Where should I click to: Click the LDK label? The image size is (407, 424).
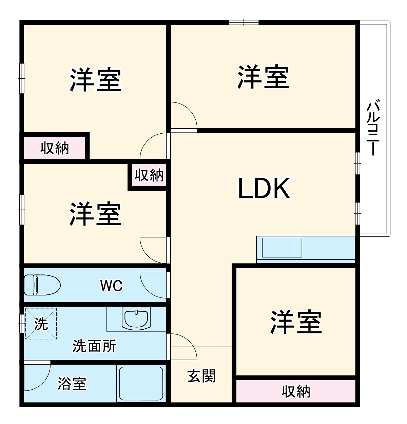[x=264, y=188]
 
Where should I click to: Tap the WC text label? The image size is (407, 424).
[x=111, y=286]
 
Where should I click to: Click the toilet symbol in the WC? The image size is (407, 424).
[x=42, y=285]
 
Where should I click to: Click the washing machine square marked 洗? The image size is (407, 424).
[x=41, y=324]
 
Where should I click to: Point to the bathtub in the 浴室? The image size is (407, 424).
[x=140, y=383]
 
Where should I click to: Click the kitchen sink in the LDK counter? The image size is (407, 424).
[x=282, y=248]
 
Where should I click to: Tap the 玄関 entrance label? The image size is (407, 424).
[x=201, y=376]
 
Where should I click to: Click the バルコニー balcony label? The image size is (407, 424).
[x=373, y=127]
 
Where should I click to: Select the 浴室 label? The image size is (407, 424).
[x=72, y=383]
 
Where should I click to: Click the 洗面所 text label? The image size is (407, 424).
[x=94, y=346]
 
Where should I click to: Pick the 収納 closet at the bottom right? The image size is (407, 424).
[x=295, y=391]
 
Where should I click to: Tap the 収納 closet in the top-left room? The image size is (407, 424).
[x=54, y=148]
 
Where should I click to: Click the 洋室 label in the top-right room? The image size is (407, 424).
[x=263, y=77]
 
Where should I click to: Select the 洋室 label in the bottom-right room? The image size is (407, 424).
[x=296, y=322]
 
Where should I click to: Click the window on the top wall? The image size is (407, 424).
[x=244, y=23]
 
